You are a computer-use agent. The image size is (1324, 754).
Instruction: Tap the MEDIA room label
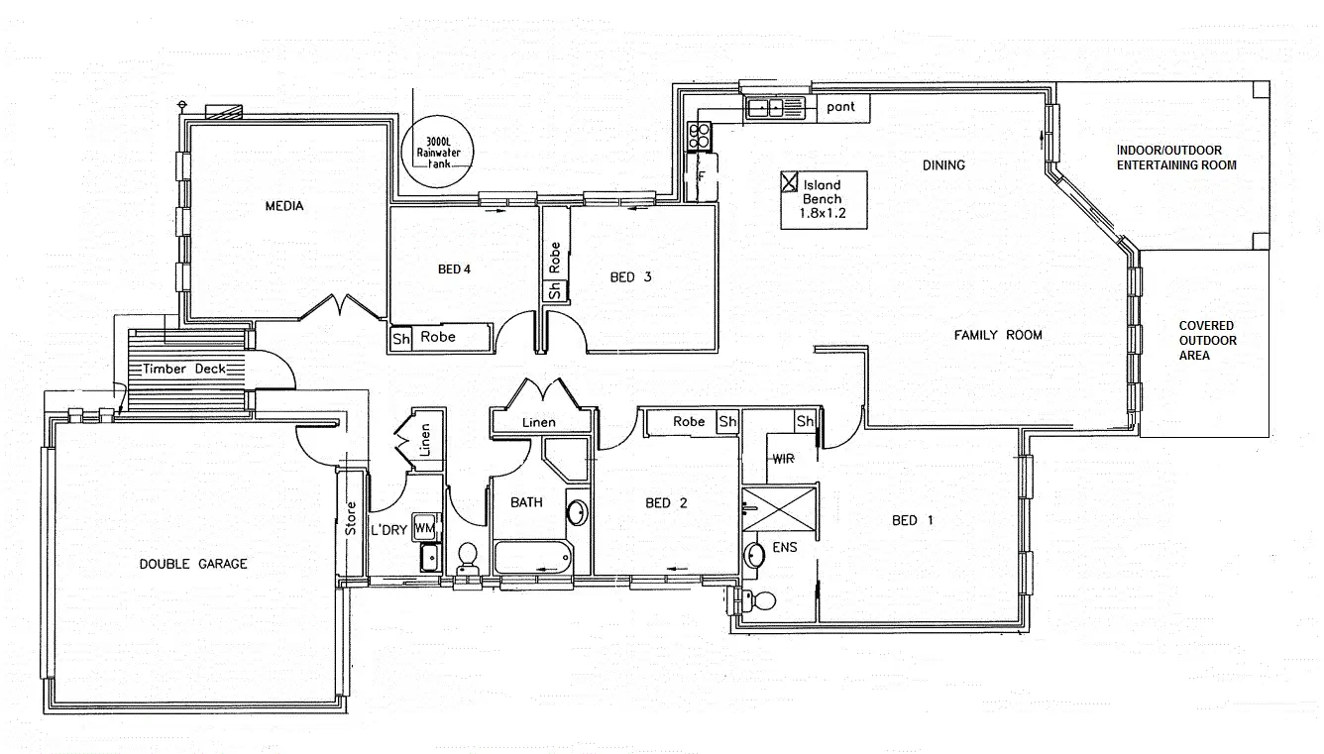click(283, 206)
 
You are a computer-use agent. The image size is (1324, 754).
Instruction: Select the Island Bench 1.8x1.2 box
click(823, 199)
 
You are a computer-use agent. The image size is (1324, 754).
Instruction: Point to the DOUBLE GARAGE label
click(193, 564)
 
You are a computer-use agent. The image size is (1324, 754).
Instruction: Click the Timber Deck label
click(184, 369)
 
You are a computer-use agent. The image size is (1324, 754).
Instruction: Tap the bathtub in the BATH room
click(533, 558)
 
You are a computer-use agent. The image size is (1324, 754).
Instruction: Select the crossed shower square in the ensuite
click(780, 510)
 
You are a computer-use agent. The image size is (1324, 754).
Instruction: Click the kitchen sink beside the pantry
click(779, 107)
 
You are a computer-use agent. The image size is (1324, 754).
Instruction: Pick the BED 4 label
click(453, 269)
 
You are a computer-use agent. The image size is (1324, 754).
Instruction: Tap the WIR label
click(784, 459)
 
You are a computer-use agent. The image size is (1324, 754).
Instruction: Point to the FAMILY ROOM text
click(997, 335)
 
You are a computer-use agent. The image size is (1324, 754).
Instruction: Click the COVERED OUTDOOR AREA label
click(1206, 340)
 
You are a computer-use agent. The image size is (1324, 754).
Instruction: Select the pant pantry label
click(840, 107)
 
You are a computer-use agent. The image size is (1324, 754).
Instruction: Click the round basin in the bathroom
click(576, 512)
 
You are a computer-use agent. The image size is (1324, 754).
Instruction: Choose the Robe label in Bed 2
click(689, 422)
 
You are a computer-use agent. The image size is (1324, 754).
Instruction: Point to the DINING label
click(942, 164)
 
